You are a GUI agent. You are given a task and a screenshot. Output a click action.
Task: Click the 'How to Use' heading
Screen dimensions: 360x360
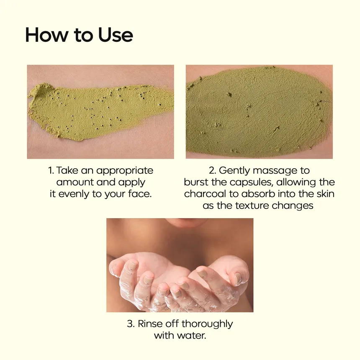pyautogui.click(x=79, y=35)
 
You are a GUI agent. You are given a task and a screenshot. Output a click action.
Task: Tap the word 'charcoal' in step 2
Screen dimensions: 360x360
pyautogui.click(x=204, y=194)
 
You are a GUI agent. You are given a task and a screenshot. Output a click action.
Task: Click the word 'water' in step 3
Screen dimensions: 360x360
pyautogui.click(x=193, y=336)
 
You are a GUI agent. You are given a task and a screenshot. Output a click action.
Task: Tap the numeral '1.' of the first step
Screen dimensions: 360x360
pyautogui.click(x=51, y=171)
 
